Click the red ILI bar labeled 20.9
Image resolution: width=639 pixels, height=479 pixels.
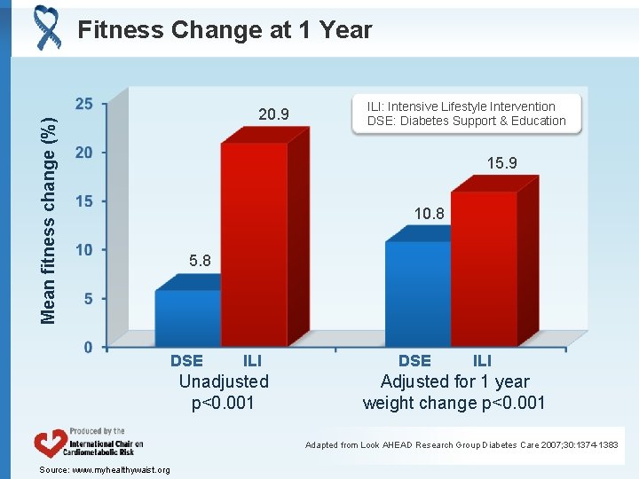pos(254,244)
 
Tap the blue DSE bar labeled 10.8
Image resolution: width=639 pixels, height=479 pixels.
pos(418,293)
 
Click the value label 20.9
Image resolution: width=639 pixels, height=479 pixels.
pos(273,114)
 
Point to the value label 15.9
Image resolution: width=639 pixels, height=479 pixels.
pos(501,163)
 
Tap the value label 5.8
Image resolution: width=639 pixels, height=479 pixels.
pos(200,261)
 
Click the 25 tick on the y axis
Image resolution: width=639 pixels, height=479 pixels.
pos(83,104)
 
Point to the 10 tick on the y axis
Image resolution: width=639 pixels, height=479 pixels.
pos(83,249)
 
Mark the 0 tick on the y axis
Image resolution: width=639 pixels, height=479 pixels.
pos(88,347)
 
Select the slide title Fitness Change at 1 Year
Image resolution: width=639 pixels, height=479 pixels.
pos(225,30)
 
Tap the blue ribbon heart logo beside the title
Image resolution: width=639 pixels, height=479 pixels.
pos(46,27)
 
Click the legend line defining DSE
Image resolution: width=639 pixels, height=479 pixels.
pos(466,122)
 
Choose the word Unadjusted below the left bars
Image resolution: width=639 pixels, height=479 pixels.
pos(224,381)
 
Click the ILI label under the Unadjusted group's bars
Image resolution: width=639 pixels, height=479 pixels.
pos(252,360)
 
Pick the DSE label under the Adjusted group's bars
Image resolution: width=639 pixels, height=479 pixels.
pos(414,360)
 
